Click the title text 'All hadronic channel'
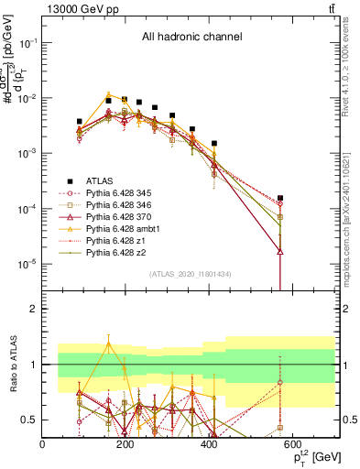coord(191,37)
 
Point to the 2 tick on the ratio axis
coord(33,309)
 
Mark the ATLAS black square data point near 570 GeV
coord(280,198)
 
